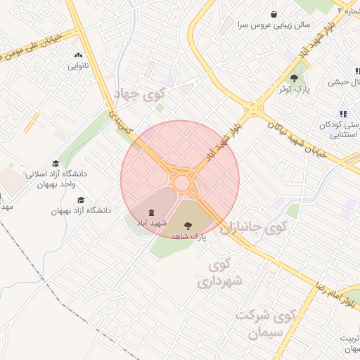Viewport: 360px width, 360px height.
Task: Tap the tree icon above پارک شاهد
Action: coord(187,226)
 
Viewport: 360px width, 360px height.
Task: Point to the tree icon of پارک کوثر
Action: coord(295,78)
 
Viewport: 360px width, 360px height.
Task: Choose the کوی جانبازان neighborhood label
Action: coord(254,227)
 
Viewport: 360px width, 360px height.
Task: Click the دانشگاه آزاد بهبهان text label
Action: coord(81,210)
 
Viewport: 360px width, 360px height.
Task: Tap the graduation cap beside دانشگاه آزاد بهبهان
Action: coord(81,200)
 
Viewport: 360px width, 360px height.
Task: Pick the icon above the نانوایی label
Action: coord(77,55)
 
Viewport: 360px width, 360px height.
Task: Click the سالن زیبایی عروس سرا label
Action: coord(243,25)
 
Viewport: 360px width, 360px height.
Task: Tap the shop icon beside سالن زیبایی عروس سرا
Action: coord(274,14)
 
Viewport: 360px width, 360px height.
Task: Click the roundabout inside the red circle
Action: coord(182,183)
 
